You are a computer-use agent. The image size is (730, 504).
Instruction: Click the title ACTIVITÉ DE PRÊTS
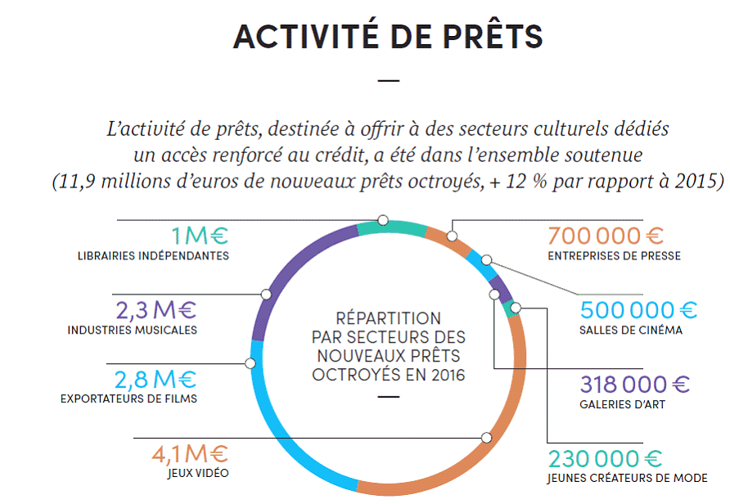coord(388,38)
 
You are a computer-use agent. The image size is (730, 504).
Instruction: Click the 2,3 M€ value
coord(156,311)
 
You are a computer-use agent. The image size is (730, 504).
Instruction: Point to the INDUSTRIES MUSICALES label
coord(133,331)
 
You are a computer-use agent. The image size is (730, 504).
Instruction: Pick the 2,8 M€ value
coord(156,380)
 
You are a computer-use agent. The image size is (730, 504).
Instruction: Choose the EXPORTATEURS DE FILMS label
coord(128,399)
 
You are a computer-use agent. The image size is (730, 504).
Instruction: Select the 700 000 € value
coord(605,236)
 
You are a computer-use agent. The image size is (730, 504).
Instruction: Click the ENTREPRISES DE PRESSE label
coord(615,256)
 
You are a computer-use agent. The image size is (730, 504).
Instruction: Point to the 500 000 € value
coord(639,311)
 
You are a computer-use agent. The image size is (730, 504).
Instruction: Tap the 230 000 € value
coord(605,458)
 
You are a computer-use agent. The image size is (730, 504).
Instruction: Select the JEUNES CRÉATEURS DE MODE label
coord(628,478)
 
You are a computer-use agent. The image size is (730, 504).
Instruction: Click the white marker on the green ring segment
coord(382,220)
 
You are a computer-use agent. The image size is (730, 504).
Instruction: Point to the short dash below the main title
coord(389,80)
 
